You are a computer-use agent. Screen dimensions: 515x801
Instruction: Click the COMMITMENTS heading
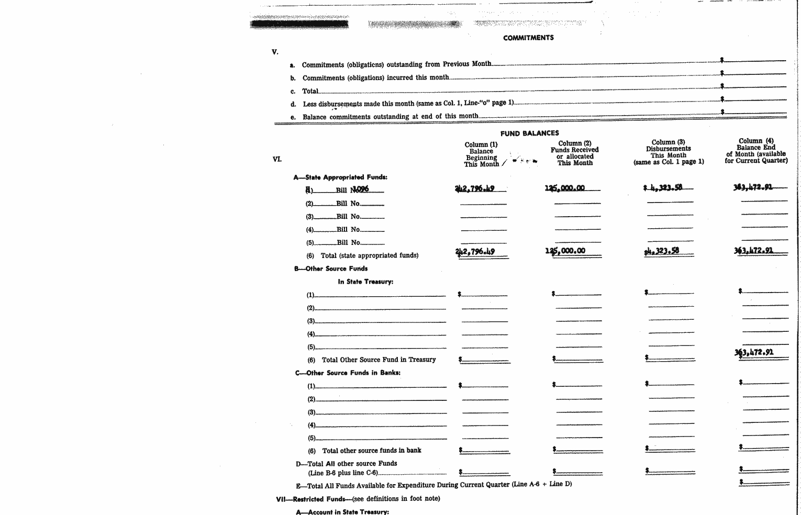[x=528, y=38]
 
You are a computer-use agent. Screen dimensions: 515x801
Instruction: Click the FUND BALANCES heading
[x=529, y=133]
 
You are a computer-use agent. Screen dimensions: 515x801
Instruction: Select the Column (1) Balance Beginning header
[x=481, y=154]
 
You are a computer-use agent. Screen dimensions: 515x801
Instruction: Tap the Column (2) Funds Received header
[x=574, y=153]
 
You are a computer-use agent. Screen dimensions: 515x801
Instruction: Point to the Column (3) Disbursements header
[x=669, y=152]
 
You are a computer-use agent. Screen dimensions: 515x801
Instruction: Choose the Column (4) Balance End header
[x=756, y=151]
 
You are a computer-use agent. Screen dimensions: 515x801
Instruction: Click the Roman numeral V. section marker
[x=275, y=52]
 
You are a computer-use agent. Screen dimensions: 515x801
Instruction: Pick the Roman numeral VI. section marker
[x=277, y=159]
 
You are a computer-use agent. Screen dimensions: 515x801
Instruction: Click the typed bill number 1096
[x=361, y=189]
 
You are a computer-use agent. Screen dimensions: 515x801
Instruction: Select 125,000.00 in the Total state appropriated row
[x=565, y=251]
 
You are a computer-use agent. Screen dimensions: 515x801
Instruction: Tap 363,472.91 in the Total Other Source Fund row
[x=753, y=352]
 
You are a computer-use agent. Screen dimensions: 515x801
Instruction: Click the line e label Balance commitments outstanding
[x=390, y=117]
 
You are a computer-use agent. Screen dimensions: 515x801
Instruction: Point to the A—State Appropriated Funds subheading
[x=340, y=177]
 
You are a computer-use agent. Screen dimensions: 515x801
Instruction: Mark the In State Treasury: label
[x=365, y=282]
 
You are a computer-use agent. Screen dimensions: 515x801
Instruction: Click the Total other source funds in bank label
[x=371, y=451]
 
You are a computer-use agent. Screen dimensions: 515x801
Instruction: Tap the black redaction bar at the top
[x=299, y=24]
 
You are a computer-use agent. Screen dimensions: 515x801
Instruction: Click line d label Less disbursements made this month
[x=408, y=104]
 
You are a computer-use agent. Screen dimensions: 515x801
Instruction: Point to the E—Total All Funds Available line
[x=433, y=485]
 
